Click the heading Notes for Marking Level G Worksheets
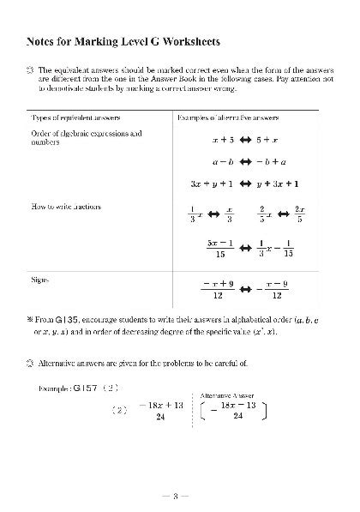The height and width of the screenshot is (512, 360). [x=123, y=40]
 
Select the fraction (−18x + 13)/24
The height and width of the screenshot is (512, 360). [x=160, y=409]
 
